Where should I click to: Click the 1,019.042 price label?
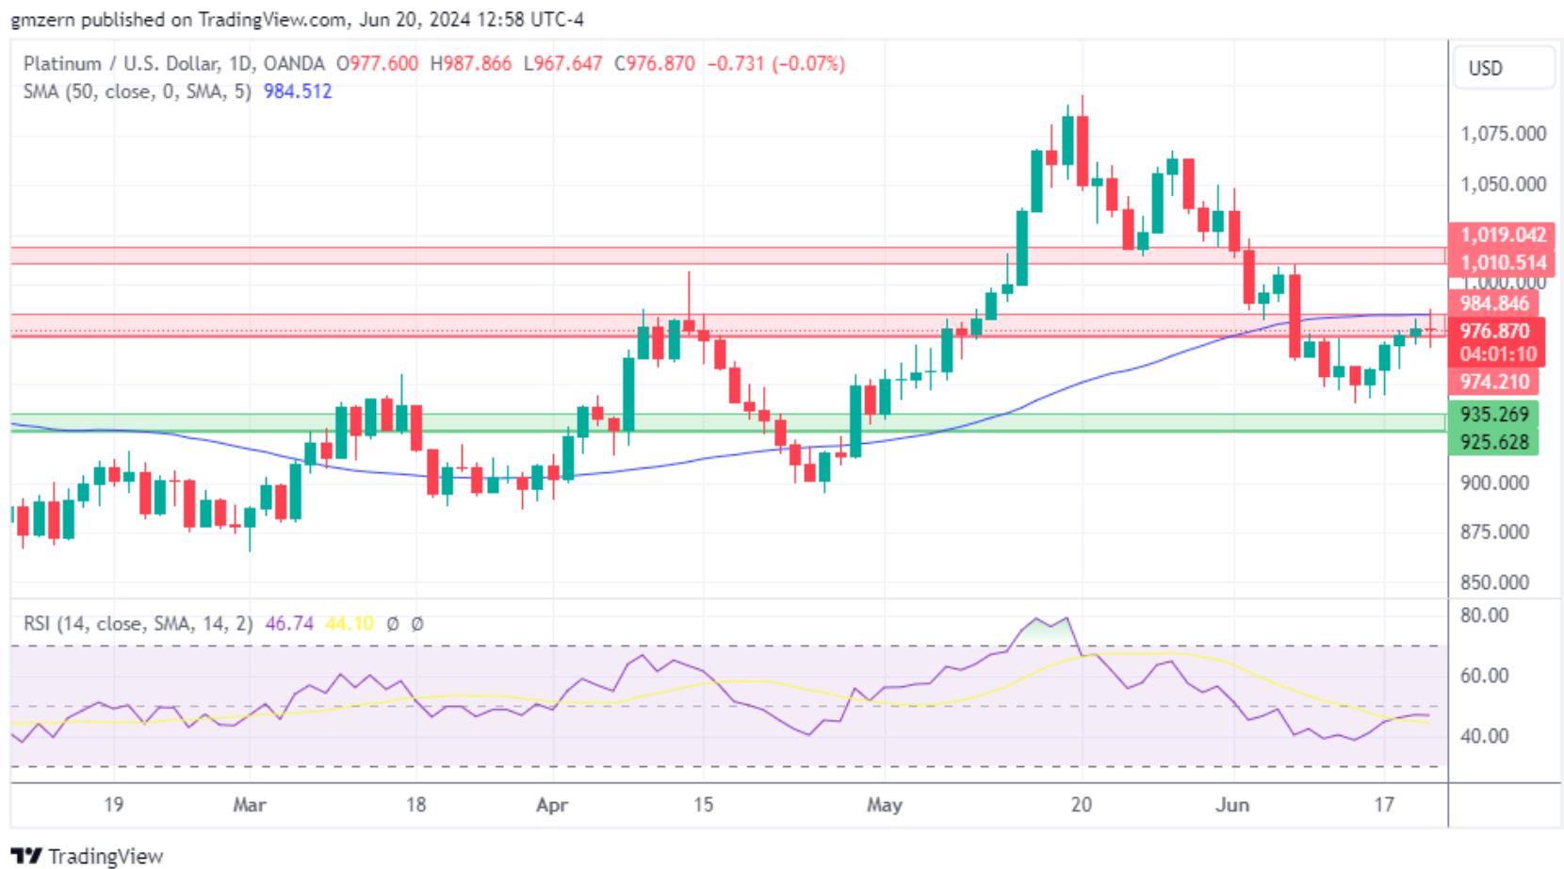(x=1502, y=236)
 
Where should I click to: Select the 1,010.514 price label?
(x=1502, y=263)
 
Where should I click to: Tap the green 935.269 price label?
(x=1493, y=415)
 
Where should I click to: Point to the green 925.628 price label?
(x=1493, y=442)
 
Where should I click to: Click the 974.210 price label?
(x=1493, y=382)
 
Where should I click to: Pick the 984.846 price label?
(x=1493, y=303)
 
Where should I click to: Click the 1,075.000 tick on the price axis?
(x=1503, y=134)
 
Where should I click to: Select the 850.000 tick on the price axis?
(x=1493, y=582)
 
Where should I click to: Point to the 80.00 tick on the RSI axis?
(x=1484, y=615)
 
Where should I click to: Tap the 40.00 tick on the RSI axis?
(x=1484, y=736)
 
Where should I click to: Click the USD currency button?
(x=1486, y=68)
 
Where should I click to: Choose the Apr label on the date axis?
(x=552, y=805)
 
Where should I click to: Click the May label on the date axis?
(x=884, y=805)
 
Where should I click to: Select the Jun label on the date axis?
(x=1231, y=805)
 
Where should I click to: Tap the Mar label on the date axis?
(x=249, y=805)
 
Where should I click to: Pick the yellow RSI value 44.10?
(x=349, y=624)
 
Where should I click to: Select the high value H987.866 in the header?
(x=470, y=64)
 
